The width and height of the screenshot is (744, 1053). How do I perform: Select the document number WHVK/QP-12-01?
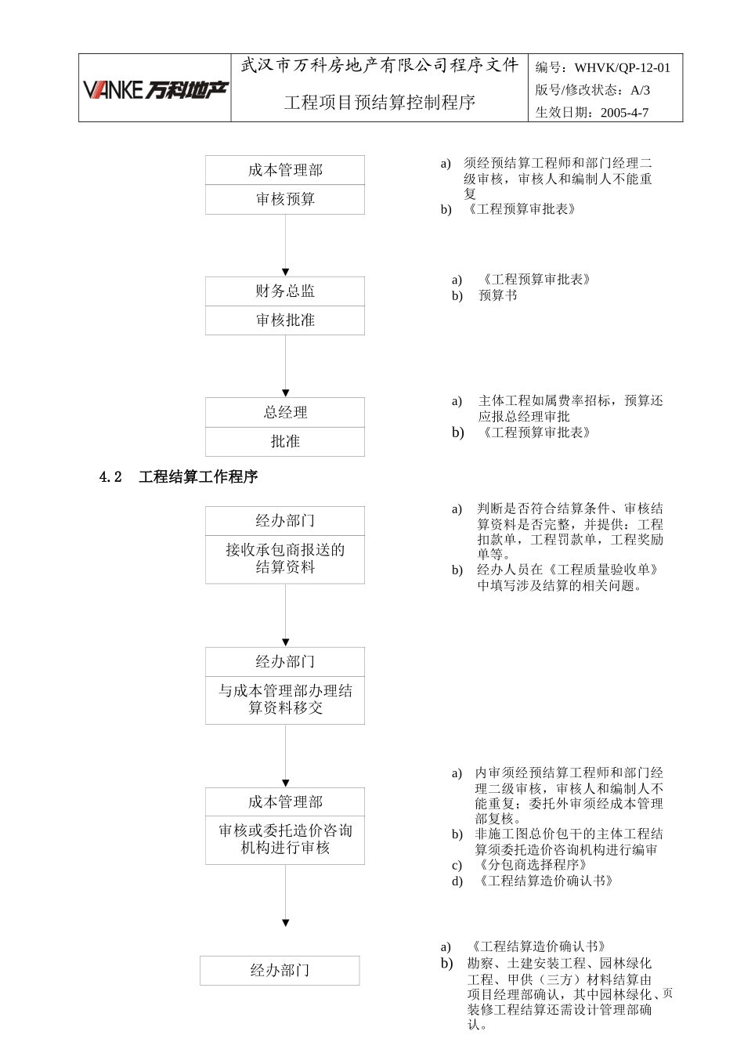[x=622, y=68]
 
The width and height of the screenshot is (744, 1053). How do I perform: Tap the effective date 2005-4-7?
[x=624, y=112]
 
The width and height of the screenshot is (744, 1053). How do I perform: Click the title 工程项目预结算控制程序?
[x=380, y=103]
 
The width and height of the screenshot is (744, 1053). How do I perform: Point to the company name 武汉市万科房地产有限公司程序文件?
[x=380, y=66]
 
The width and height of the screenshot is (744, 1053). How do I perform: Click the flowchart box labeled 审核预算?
[x=285, y=200]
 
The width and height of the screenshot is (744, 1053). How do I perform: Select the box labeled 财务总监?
[x=285, y=291]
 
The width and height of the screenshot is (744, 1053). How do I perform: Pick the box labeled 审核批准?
[x=285, y=320]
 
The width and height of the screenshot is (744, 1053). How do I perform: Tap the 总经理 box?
[x=285, y=413]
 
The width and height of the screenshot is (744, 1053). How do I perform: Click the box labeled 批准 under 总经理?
[x=285, y=442]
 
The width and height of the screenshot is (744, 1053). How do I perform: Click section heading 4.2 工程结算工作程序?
[x=179, y=477]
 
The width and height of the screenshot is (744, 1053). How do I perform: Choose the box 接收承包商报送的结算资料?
[x=285, y=559]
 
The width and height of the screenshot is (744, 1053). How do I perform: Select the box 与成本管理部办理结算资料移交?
[x=285, y=700]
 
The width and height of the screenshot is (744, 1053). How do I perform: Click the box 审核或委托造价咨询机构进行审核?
[x=285, y=840]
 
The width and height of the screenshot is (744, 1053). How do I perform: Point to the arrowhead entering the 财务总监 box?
[x=286, y=272]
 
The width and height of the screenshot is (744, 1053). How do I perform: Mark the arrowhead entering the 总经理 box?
[x=286, y=393]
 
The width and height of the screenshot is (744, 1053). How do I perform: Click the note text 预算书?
[x=498, y=295]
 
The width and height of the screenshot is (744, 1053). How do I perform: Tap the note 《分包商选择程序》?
[x=532, y=865]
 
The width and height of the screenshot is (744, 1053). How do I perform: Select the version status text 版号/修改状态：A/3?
[x=592, y=90]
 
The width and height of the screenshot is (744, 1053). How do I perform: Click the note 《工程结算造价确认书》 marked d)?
[x=544, y=881]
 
